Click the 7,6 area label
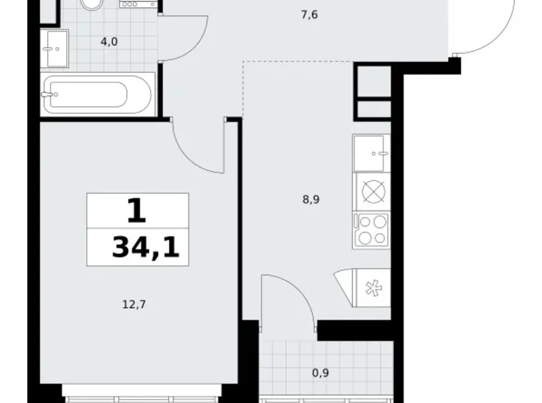click(309, 14)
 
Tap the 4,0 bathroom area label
click(109, 42)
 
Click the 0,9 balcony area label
click(320, 372)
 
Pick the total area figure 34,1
click(145, 247)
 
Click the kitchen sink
click(372, 152)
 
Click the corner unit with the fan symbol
click(368, 286)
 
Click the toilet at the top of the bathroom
click(90, 3)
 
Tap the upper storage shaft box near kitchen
click(374, 82)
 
